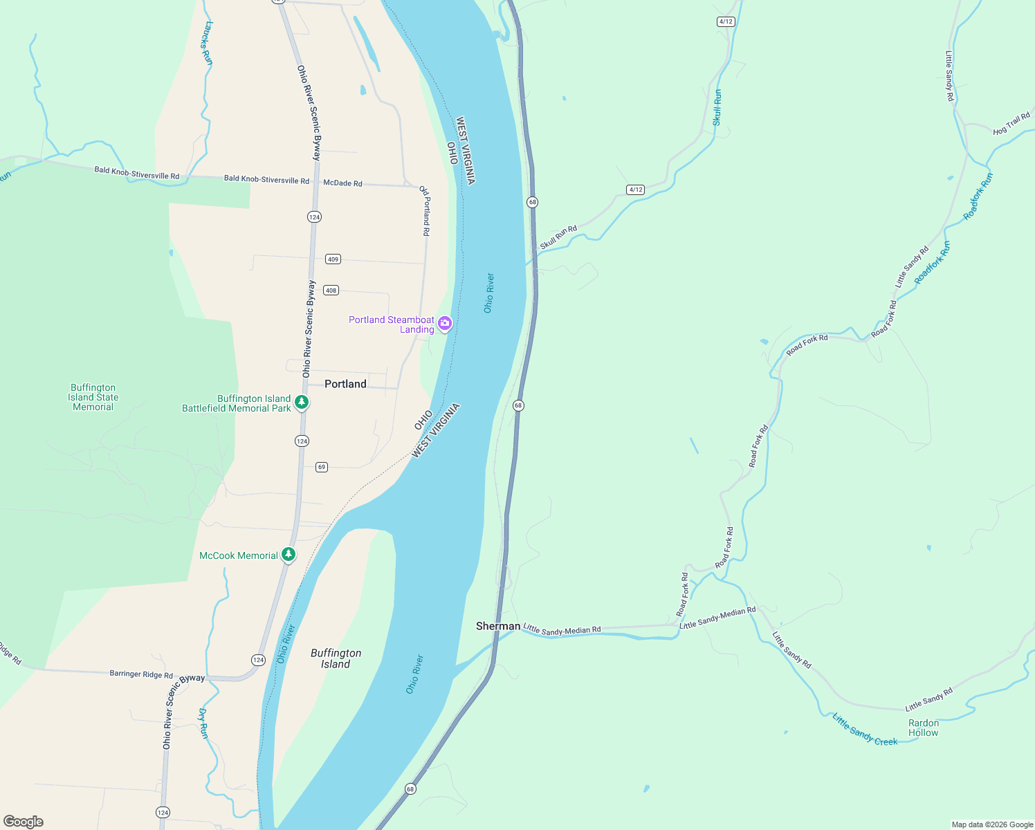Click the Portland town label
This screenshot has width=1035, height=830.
pos(345,384)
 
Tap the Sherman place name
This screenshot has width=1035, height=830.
pos(497,626)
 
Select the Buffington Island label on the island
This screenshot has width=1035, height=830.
pos(336,658)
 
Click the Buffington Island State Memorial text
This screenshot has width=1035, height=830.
pos(93,398)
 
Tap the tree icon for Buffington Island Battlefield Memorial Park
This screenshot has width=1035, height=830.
pos(301,402)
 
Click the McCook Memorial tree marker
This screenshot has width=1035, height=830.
pos(288,555)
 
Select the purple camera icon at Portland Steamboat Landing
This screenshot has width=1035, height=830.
pos(445,323)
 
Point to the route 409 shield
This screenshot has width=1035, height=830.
pos(333,259)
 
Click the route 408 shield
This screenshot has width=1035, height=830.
pos(331,290)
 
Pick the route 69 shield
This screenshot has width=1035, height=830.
pos(321,467)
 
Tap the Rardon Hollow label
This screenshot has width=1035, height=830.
pos(924,728)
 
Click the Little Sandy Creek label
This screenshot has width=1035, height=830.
pos(865,731)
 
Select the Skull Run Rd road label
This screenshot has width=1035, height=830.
pos(558,237)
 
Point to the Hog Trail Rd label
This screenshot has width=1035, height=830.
pos(1011,124)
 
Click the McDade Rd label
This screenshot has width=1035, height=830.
pos(342,183)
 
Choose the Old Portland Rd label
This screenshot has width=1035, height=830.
pos(425,211)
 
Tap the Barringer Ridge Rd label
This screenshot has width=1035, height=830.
pos(141,674)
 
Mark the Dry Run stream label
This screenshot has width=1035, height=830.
pos(203,723)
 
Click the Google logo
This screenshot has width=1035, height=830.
pos(24,822)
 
